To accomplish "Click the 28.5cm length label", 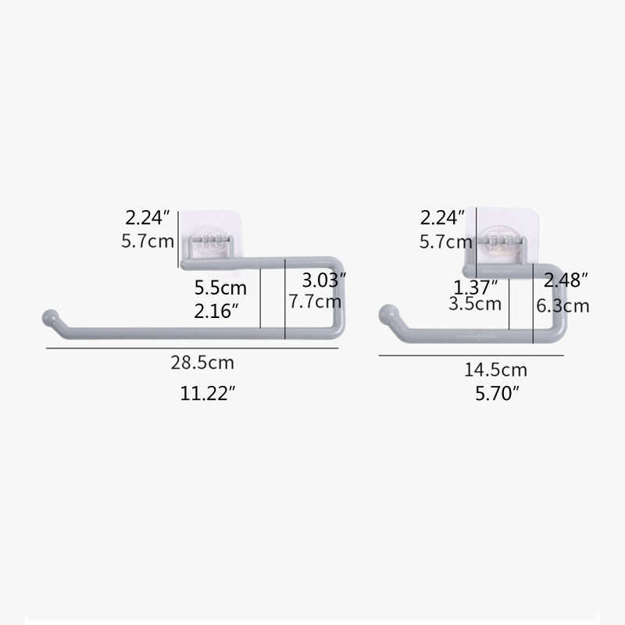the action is tap(202, 362).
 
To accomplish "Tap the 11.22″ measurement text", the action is tap(207, 394).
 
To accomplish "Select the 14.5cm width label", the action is tap(495, 370).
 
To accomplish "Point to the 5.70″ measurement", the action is tap(498, 394).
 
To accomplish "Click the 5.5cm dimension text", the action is tap(220, 287).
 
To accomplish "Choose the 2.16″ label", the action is tap(218, 311).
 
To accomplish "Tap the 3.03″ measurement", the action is tap(323, 280).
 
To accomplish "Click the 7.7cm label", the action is tap(315, 301).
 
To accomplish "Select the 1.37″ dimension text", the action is tap(476, 287).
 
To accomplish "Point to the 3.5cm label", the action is tap(475, 304).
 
